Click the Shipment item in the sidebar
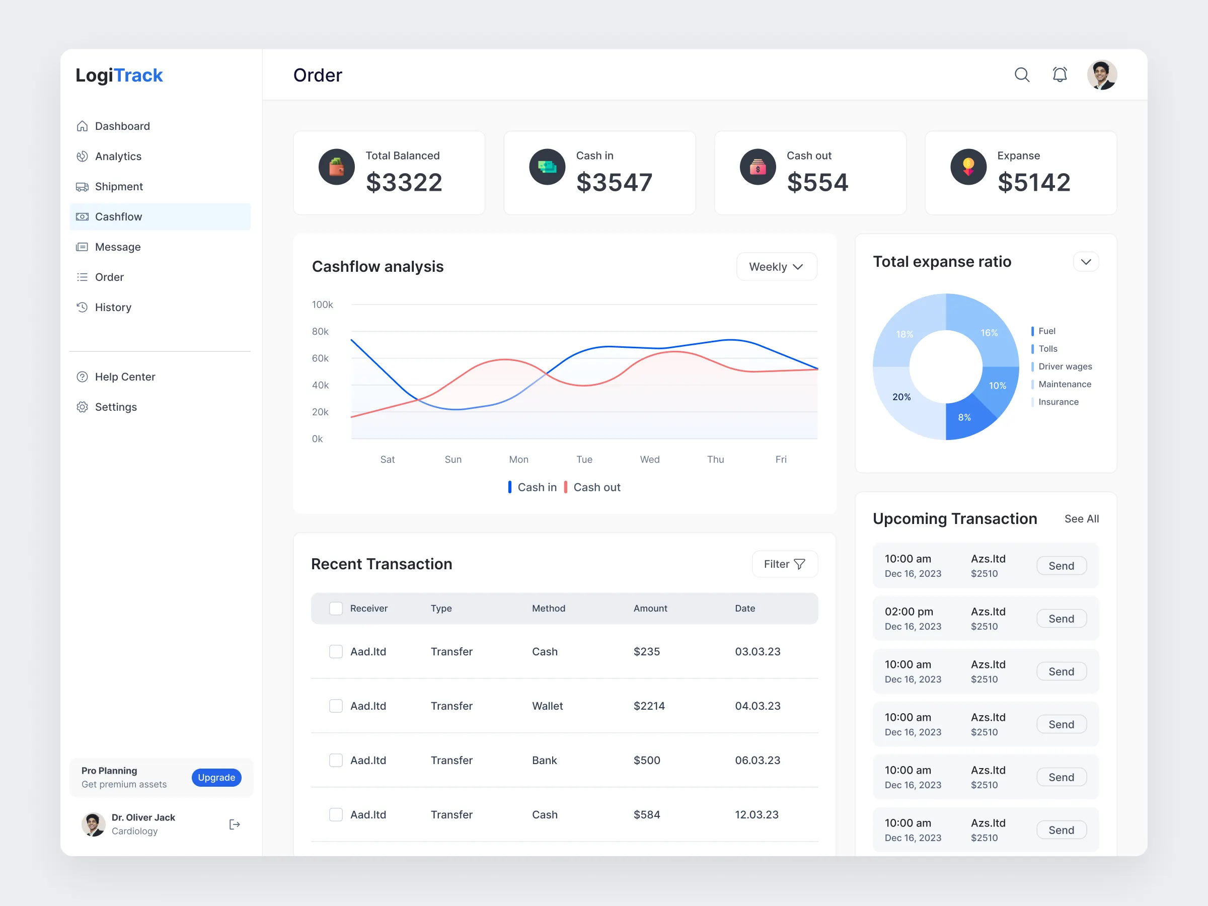coord(118,187)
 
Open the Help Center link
coord(124,377)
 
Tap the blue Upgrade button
coord(216,777)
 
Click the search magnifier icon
coord(1022,75)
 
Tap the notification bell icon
coord(1060,75)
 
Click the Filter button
coord(784,564)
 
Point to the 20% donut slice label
coord(901,397)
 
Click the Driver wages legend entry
coord(1065,366)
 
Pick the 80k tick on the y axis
coord(320,332)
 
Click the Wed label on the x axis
coord(649,459)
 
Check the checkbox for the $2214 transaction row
coord(336,706)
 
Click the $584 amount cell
coord(647,814)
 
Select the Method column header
coord(548,609)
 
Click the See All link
coord(1081,519)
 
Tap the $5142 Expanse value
coord(1033,182)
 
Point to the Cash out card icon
coord(758,167)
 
